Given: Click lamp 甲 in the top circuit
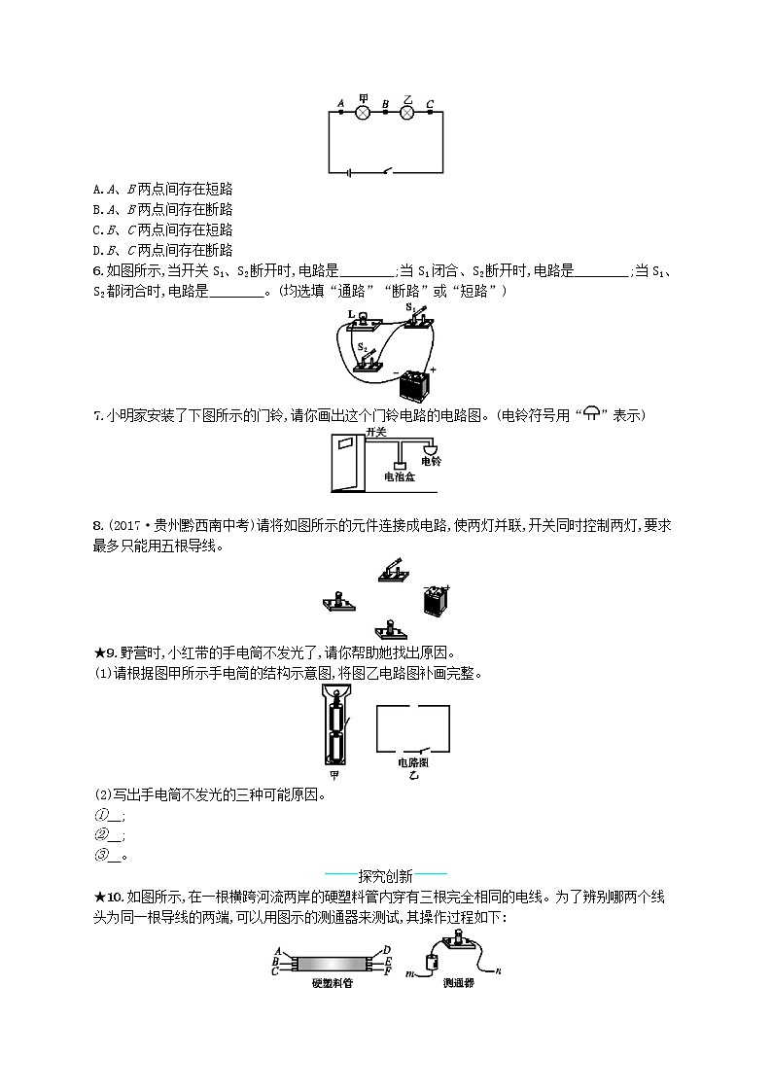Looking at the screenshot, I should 363,113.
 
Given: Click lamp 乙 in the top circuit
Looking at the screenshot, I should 407,113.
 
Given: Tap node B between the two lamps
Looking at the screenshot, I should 386,113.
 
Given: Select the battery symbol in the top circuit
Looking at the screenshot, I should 346,174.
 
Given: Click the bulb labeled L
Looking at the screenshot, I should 363,318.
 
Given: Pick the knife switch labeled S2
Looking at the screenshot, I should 367,358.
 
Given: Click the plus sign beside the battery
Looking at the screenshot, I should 433,370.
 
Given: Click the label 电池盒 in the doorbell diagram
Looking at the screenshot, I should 400,477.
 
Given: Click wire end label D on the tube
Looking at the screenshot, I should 387,949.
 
